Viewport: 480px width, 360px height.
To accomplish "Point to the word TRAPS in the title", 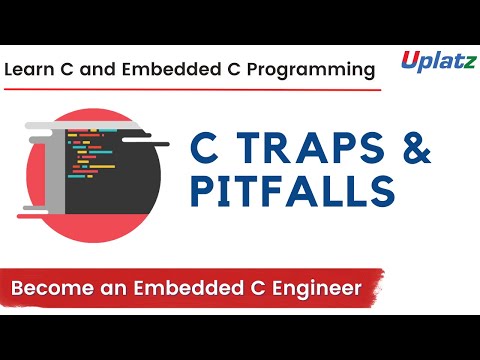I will click(x=305, y=150).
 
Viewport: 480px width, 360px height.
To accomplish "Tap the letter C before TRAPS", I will click(x=205, y=150).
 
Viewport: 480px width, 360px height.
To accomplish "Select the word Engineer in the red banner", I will click(x=315, y=289).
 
